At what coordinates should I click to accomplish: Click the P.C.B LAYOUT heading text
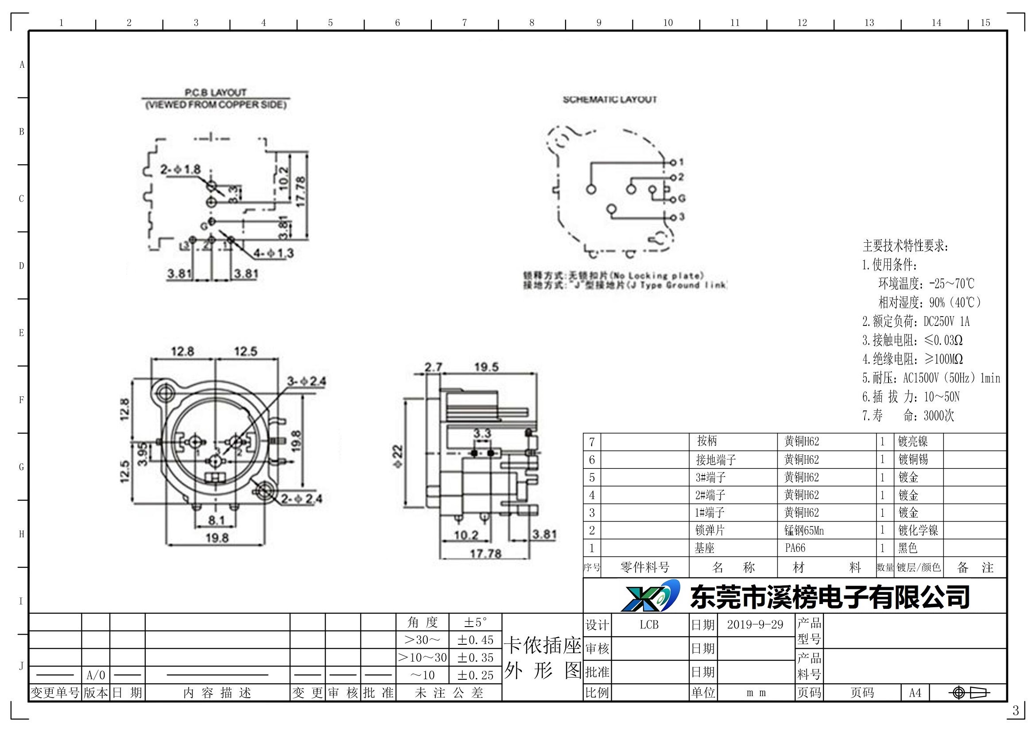[x=216, y=93]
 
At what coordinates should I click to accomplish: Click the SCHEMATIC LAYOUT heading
[x=609, y=100]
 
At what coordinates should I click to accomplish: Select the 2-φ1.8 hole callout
[x=180, y=170]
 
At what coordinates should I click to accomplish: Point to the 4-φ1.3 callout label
[x=273, y=253]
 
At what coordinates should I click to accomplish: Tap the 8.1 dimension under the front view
[x=216, y=520]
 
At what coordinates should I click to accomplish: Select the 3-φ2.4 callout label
[x=307, y=381]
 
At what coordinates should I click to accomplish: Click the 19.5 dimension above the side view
[x=486, y=367]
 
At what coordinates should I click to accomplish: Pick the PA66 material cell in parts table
[x=795, y=548]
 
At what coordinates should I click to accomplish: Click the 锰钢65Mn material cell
[x=804, y=531]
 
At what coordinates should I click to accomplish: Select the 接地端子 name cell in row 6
[x=716, y=460]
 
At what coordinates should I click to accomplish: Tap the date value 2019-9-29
[x=755, y=625]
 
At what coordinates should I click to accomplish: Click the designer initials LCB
[x=649, y=625]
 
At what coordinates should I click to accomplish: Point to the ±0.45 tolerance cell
[x=476, y=640]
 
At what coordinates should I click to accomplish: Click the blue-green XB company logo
[x=651, y=596]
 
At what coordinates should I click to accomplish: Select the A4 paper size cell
[x=915, y=693]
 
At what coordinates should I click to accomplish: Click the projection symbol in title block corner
[x=968, y=693]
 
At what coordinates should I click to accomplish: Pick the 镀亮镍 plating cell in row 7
[x=913, y=441]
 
